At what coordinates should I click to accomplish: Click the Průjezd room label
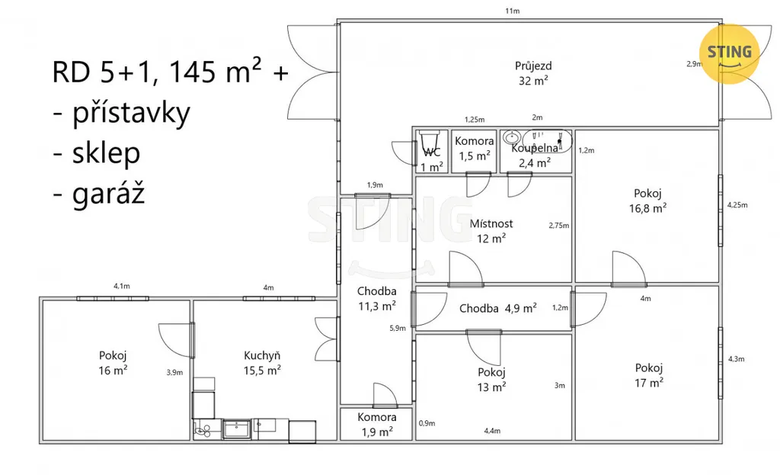[x=533, y=73]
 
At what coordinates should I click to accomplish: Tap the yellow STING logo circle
[x=729, y=53]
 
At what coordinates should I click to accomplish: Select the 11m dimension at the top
[x=513, y=11]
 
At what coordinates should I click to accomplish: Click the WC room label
[x=431, y=160]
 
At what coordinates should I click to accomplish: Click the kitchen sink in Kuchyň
[x=237, y=428]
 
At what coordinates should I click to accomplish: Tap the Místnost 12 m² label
[x=491, y=231]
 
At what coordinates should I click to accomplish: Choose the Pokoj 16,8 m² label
[x=647, y=201]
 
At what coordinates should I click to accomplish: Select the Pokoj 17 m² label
[x=649, y=375]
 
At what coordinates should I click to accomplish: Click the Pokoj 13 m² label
[x=491, y=380]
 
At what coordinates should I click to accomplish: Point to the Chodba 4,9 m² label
[x=498, y=308]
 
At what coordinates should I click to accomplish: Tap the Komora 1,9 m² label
[x=377, y=424]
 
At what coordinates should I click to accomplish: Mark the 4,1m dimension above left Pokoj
[x=122, y=286]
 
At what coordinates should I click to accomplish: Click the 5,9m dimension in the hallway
[x=398, y=328]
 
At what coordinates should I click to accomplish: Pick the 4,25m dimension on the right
[x=737, y=204]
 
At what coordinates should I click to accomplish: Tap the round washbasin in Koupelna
[x=511, y=137]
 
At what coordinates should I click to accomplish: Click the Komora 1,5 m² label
[x=475, y=149]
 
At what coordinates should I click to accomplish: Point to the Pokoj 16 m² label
[x=113, y=362]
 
